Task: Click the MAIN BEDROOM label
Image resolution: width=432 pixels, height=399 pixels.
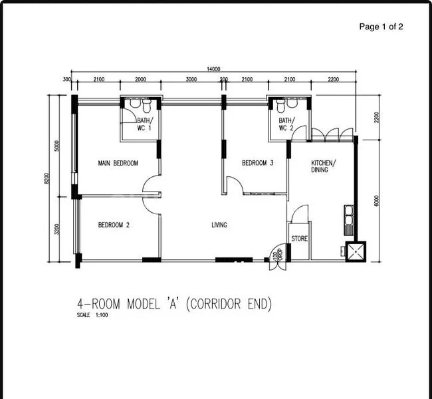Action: pos(118,163)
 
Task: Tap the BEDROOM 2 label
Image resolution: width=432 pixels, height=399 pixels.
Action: pos(114,225)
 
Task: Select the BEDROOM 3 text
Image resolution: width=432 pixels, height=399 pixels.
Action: pos(257,163)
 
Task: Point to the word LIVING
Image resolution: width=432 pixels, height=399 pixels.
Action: pos(219,225)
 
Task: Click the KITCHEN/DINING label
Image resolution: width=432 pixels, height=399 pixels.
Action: pos(324,166)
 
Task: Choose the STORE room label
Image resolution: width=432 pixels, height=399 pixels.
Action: pos(299,238)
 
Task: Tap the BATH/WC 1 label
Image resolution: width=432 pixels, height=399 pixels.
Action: pos(144,124)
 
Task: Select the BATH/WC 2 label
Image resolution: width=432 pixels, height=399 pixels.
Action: pos(286,124)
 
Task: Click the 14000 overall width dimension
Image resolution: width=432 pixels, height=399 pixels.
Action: pos(213,68)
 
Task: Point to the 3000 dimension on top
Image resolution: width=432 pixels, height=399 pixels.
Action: pos(191,80)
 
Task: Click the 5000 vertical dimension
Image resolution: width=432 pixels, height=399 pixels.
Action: pos(58,145)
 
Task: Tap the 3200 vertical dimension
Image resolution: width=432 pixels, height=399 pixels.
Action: pos(58,229)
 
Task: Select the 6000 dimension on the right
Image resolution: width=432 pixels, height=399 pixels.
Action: pos(376,200)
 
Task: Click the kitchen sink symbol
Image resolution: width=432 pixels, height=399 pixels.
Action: pos(348,219)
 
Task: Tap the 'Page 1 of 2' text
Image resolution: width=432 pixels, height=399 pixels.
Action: pos(381,27)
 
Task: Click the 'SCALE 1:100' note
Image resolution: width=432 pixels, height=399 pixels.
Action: pos(92,315)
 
